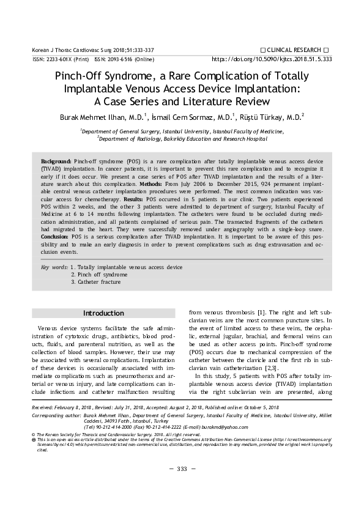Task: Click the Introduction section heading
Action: pos(103,313)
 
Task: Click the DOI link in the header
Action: pos(272,59)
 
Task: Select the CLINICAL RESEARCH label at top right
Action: pos(295,49)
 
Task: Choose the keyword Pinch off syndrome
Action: pos(99,275)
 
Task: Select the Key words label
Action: pos(54,267)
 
